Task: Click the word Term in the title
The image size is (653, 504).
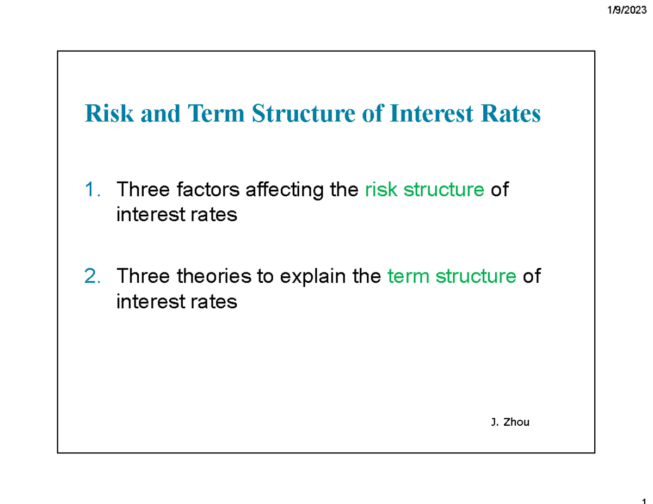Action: point(209,114)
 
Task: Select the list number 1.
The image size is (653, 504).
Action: point(92,190)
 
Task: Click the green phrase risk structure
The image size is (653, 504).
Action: point(424,190)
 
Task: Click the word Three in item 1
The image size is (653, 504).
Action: point(141,190)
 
